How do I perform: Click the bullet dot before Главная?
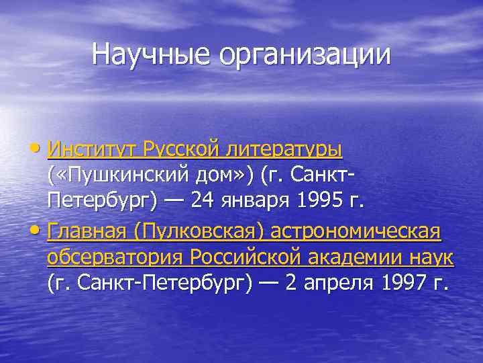point(41,233)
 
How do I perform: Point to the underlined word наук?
point(431,257)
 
